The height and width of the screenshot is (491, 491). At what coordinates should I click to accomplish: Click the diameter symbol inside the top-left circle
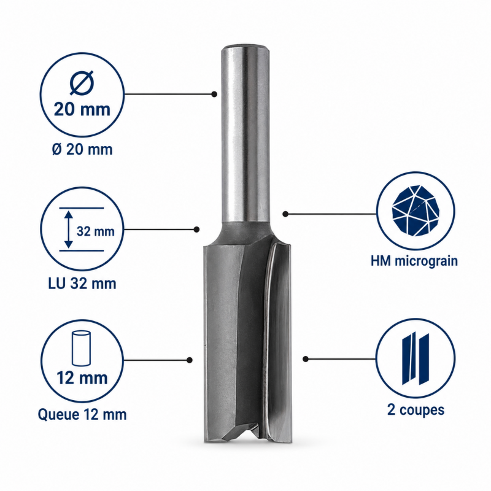tap(82, 83)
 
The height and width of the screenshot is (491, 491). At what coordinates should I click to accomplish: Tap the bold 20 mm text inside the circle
tap(82, 110)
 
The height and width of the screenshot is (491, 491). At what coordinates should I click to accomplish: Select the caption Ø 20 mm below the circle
tap(82, 149)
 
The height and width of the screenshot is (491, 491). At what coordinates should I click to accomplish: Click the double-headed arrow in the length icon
tap(69, 229)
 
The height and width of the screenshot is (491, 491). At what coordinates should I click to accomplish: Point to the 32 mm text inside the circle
tap(96, 231)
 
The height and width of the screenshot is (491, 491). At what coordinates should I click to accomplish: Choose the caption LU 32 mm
tap(82, 284)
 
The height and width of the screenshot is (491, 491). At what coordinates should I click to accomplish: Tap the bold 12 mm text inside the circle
tap(82, 378)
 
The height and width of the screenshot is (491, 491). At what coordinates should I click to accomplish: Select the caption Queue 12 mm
tap(82, 415)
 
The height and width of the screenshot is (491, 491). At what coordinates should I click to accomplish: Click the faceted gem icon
tap(416, 211)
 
